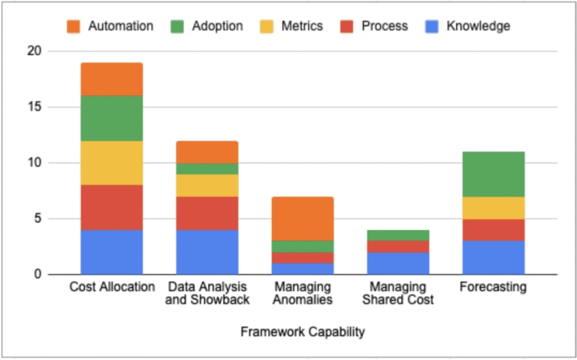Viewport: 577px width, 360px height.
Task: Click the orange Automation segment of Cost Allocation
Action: point(112,79)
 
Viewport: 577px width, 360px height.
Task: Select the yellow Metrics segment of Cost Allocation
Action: point(112,163)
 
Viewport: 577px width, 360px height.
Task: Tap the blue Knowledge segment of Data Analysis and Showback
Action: point(207,252)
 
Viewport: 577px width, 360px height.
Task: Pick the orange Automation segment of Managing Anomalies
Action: point(303,219)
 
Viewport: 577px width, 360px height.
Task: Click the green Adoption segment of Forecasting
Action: point(494,174)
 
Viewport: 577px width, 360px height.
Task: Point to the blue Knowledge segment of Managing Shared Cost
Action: point(398,263)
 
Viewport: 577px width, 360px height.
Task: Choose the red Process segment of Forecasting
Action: point(494,230)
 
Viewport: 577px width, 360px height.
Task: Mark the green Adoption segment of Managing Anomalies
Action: point(303,247)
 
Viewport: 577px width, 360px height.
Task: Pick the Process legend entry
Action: point(374,26)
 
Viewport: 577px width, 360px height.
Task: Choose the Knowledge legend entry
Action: point(468,26)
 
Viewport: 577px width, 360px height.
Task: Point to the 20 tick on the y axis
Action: point(34,51)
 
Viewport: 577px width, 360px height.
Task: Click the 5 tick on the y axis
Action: point(37,219)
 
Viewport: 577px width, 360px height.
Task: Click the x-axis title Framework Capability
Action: point(303,331)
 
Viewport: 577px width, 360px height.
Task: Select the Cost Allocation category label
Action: point(112,287)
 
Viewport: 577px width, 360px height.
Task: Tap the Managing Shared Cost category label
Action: point(398,293)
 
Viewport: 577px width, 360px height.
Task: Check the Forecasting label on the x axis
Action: point(494,287)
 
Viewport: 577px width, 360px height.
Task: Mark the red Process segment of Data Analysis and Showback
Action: point(207,213)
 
